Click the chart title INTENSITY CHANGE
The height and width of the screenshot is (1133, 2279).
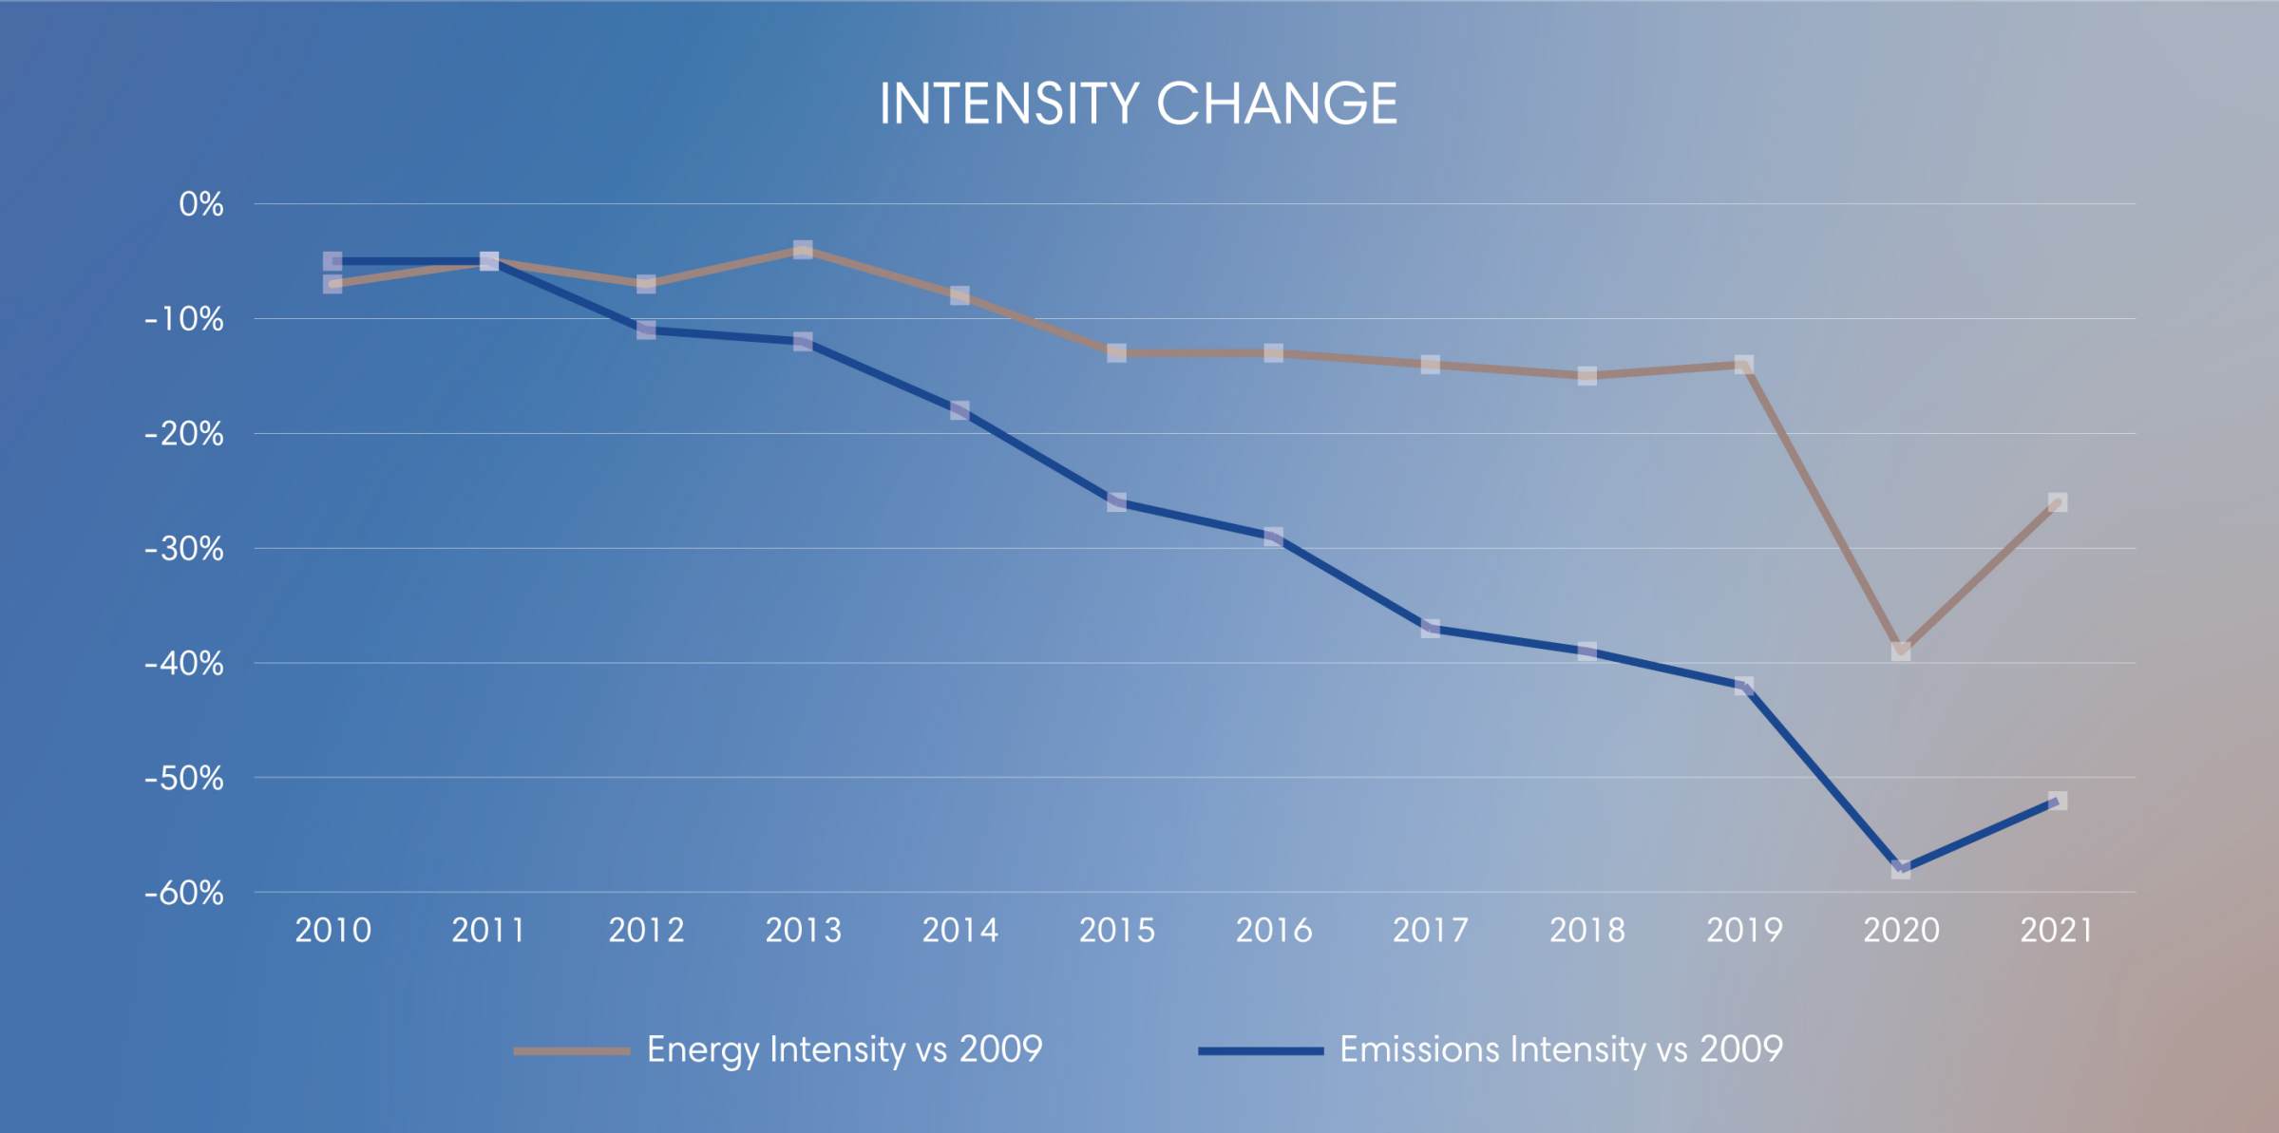(1138, 103)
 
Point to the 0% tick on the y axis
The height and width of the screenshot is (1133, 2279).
(201, 204)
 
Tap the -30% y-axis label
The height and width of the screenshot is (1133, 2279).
(184, 549)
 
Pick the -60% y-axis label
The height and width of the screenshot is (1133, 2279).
(184, 893)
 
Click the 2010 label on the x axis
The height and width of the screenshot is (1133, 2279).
(332, 931)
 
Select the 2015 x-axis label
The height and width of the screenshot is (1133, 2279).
(1116, 931)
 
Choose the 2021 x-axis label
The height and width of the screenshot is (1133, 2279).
(2057, 931)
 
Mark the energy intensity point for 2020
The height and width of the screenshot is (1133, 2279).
(1901, 651)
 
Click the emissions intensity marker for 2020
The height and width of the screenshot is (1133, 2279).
(1901, 869)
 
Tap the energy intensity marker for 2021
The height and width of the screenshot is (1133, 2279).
(2058, 502)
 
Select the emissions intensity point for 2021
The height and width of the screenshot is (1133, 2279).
(2058, 801)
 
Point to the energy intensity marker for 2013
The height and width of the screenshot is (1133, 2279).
(803, 250)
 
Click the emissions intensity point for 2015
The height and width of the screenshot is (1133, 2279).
(1117, 502)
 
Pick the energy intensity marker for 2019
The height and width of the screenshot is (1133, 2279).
(1744, 365)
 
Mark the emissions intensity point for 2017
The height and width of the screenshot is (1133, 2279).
(1431, 628)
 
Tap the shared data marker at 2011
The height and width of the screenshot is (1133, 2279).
(489, 261)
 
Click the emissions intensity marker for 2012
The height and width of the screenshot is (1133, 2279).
(646, 330)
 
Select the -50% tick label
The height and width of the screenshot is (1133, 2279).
(184, 779)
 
